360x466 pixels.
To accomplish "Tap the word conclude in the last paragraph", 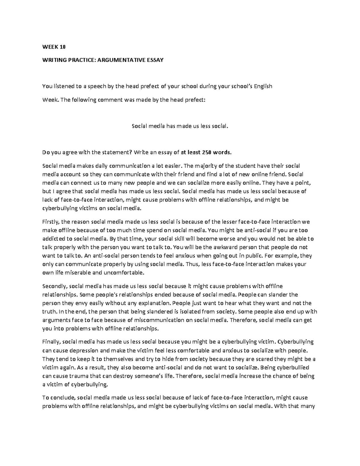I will [x=61, y=398].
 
